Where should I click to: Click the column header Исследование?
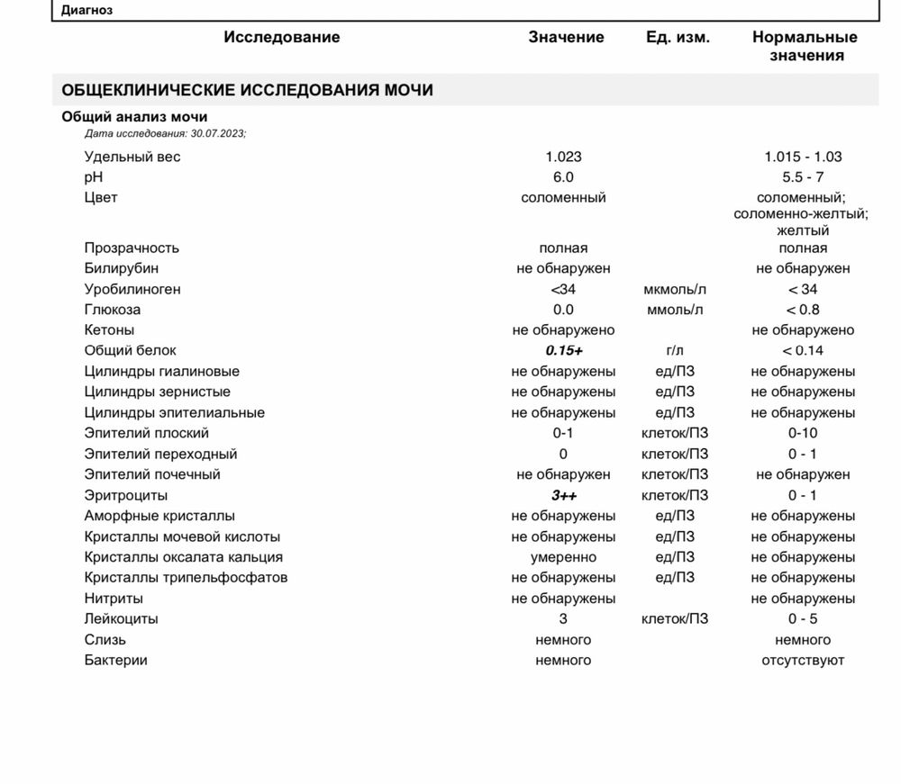pos(282,37)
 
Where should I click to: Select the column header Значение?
pos(566,37)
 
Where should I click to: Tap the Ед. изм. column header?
pos(678,37)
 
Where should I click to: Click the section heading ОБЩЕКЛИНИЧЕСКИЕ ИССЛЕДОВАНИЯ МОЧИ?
pos(247,90)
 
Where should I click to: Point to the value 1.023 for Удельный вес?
pos(563,157)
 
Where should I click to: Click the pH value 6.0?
pos(563,177)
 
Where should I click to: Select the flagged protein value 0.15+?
pos(563,351)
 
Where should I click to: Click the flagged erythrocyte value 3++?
pos(563,495)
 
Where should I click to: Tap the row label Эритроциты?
pos(126,495)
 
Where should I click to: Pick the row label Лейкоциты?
pos(122,619)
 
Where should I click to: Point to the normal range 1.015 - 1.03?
pos(803,157)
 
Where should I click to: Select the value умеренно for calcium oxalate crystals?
pos(563,557)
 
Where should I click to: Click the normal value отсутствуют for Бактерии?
pos(803,661)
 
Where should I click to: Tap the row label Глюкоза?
pos(113,310)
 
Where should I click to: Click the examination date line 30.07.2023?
pos(165,133)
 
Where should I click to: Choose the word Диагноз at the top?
pos(88,11)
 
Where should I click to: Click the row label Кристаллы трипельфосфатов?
pos(187,578)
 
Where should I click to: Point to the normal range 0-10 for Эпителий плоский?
pos(803,433)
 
